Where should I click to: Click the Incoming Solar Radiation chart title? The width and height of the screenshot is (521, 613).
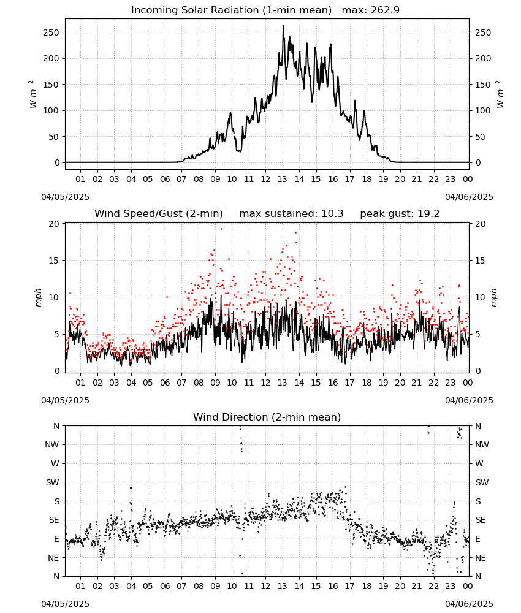click(x=231, y=10)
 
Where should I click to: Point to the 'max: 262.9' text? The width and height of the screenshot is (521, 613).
click(x=371, y=10)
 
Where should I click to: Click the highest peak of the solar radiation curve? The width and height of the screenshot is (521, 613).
click(x=283, y=25)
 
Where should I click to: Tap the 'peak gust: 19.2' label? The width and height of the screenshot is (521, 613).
click(x=400, y=213)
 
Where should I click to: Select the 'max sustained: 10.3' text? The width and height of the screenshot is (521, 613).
click(x=291, y=213)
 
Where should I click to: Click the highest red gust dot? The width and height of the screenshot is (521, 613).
click(x=222, y=229)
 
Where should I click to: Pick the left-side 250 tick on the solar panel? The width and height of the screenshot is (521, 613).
click(x=51, y=32)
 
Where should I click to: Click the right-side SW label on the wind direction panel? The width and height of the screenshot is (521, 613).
click(x=482, y=482)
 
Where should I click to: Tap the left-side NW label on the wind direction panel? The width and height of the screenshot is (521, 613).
click(x=52, y=444)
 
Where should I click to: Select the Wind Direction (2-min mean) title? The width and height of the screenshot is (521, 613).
click(x=267, y=417)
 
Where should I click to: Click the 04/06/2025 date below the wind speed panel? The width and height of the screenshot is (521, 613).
click(x=469, y=400)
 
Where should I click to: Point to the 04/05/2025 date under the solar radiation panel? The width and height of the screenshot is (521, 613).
click(x=65, y=197)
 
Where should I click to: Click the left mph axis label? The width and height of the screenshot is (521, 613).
click(x=38, y=297)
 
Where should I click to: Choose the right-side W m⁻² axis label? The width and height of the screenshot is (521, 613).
click(x=500, y=94)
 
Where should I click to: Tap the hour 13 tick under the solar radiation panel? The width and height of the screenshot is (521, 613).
click(x=282, y=179)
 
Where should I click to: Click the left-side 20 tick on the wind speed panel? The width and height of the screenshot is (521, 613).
click(x=54, y=224)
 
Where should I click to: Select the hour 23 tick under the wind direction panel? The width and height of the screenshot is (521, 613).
click(x=451, y=586)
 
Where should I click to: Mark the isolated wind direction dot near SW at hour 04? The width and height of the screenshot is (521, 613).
click(x=131, y=488)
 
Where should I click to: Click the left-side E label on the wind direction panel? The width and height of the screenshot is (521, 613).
click(x=56, y=539)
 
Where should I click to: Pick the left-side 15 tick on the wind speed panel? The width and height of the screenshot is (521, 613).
click(x=54, y=261)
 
